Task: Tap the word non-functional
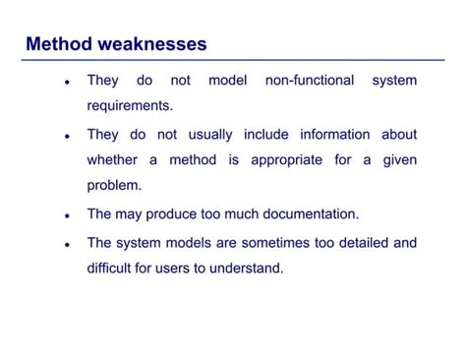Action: click(310, 80)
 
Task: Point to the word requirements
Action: click(130, 105)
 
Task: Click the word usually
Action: click(207, 134)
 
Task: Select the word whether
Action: click(113, 159)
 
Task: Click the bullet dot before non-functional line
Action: click(66, 82)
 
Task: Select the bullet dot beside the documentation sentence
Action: click(66, 215)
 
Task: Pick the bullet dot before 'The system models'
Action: click(66, 244)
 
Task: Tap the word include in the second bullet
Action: click(265, 134)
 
